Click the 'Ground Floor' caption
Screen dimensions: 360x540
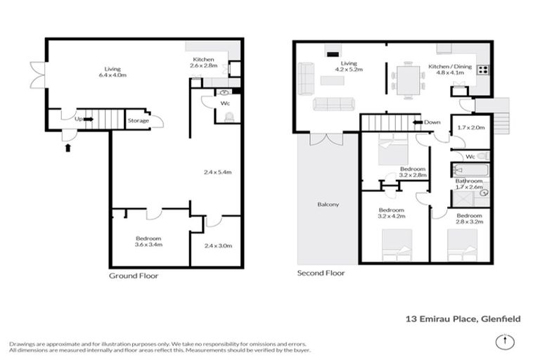coord(133,276)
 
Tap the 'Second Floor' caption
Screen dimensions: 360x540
coord(321,273)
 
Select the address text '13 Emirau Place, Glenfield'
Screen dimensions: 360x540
coord(463,319)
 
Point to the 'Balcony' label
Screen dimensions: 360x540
coord(328,205)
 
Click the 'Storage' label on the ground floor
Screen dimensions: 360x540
coord(138,121)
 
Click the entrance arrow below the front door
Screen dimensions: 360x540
coord(67,148)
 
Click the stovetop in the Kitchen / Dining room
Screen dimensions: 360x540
coord(484,70)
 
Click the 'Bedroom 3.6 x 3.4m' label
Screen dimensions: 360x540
coord(148,241)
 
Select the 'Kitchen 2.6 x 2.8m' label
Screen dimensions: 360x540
coord(202,62)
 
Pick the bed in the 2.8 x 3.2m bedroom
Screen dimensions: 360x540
coord(462,247)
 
